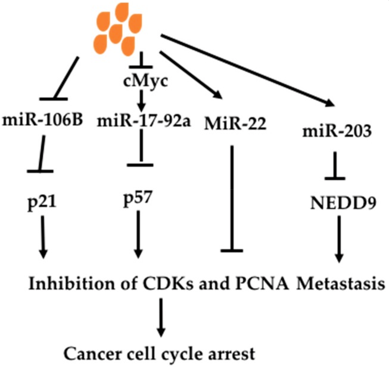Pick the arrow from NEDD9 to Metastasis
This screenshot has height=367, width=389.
click(338, 239)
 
